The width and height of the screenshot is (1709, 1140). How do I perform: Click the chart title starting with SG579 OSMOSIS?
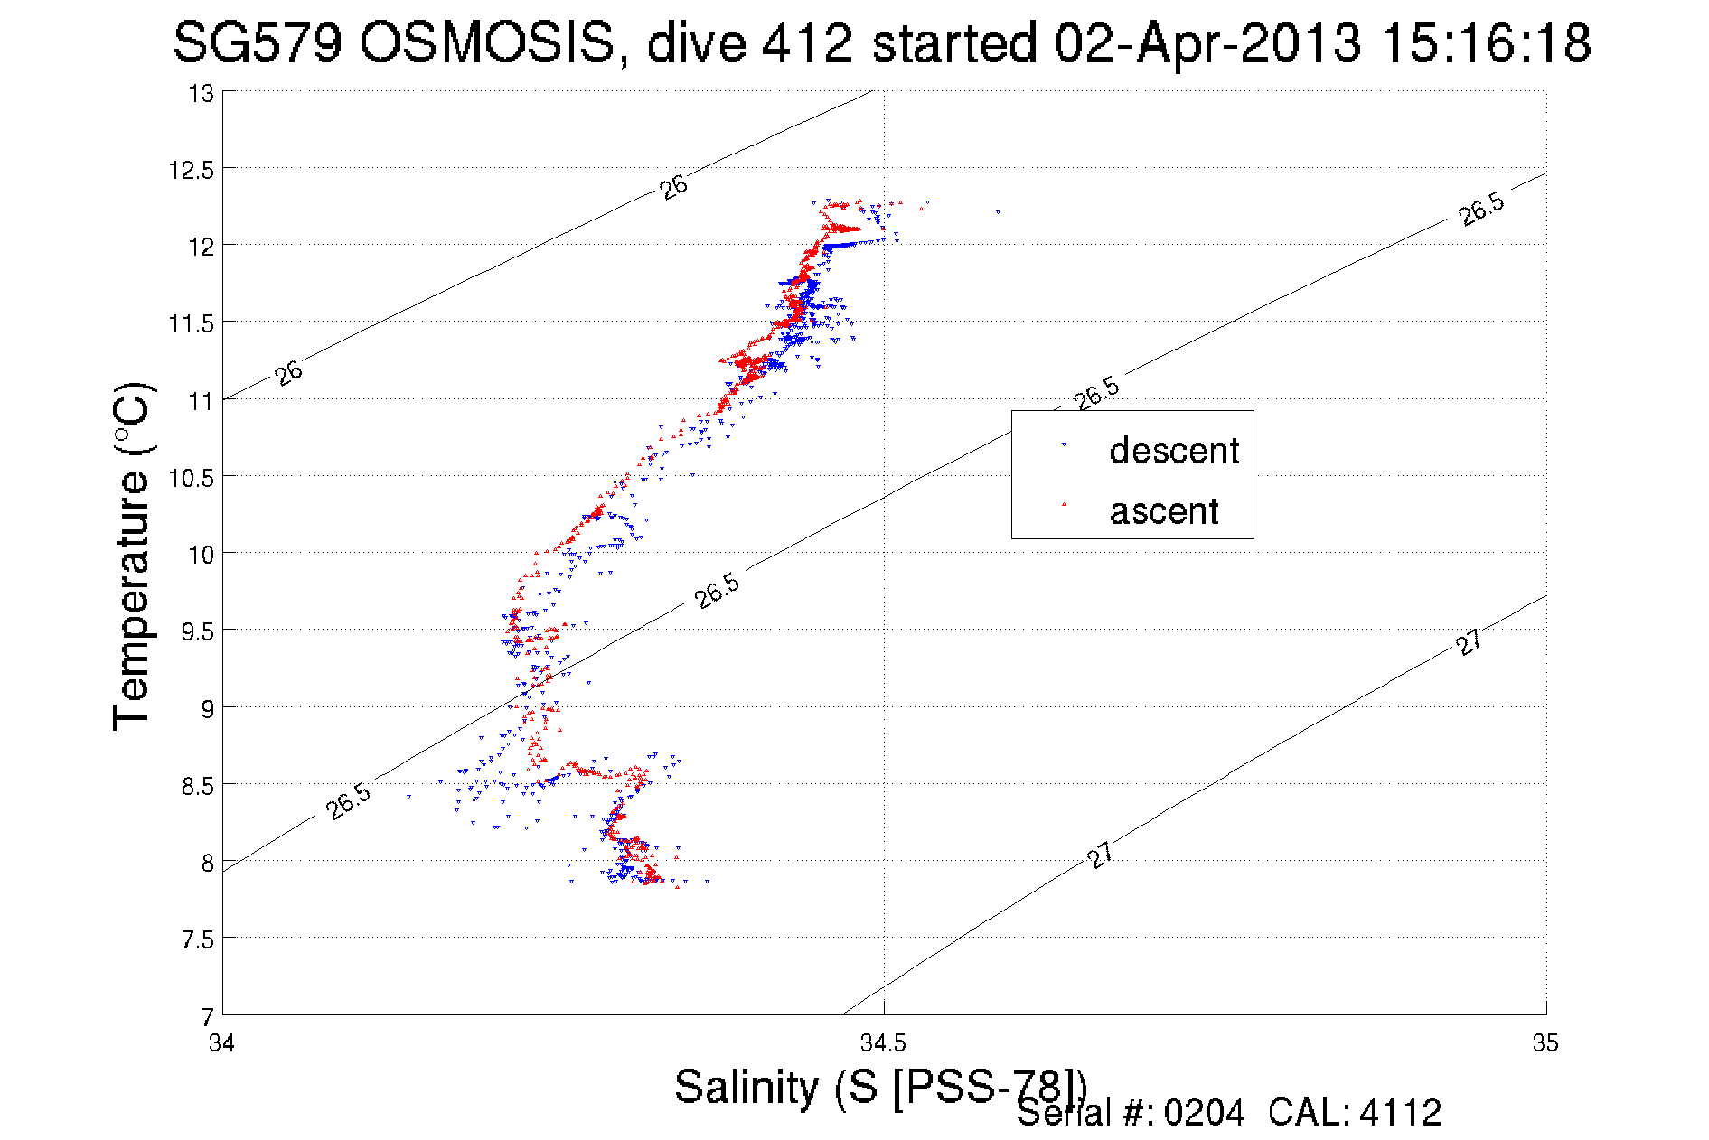click(x=881, y=42)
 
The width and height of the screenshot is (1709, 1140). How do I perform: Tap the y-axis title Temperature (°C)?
click(x=132, y=557)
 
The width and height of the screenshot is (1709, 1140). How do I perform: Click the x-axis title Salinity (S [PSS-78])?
click(x=879, y=1086)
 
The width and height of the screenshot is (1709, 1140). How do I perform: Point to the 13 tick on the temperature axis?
click(x=201, y=93)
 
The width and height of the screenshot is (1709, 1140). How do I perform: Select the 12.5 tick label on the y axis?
click(x=191, y=170)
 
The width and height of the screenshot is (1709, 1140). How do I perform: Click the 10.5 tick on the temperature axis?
click(x=191, y=477)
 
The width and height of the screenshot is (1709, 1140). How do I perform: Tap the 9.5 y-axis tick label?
click(x=196, y=631)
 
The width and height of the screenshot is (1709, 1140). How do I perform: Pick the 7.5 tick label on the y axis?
click(x=196, y=939)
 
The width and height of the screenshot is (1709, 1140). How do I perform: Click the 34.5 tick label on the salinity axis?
click(x=882, y=1043)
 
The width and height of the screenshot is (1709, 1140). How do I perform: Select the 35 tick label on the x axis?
click(x=1545, y=1043)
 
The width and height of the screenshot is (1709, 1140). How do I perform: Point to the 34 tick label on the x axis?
click(x=221, y=1043)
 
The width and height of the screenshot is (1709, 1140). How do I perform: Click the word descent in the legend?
click(x=1173, y=450)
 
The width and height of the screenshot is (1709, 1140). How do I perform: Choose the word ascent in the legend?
click(x=1163, y=511)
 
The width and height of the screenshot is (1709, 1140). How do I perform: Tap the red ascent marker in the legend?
click(x=1064, y=504)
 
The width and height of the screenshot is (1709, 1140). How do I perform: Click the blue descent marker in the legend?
click(x=1064, y=444)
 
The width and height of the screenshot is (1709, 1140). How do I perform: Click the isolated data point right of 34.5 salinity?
click(x=998, y=212)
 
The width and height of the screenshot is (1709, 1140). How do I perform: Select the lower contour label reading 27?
click(x=1100, y=855)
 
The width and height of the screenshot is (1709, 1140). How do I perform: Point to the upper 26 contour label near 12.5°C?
click(x=673, y=186)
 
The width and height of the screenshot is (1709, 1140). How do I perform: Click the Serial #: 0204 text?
click(x=1131, y=1113)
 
